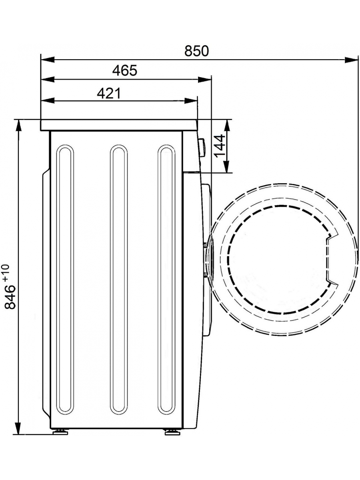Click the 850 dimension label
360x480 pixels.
(x=196, y=51)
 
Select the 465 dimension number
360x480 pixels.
(x=125, y=70)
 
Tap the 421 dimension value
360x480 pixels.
(x=109, y=93)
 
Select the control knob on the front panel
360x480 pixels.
(x=202, y=147)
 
